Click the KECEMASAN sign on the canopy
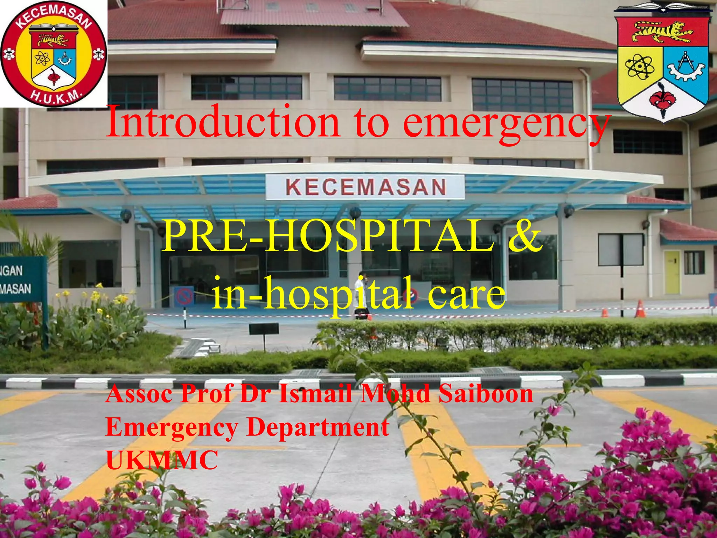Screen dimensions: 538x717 (366, 187)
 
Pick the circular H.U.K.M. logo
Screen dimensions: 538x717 (54, 54)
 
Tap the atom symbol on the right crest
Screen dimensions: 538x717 (640, 67)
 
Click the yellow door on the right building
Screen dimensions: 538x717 (672, 271)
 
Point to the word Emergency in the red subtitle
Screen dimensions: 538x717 (172, 427)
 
